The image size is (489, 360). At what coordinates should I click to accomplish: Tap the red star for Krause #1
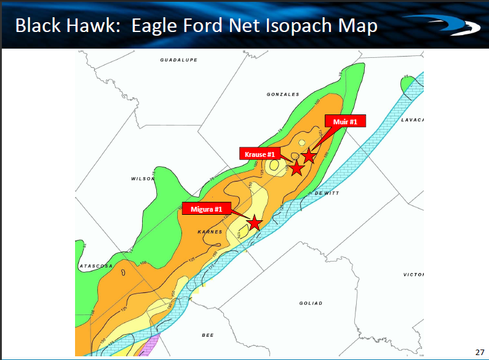296,167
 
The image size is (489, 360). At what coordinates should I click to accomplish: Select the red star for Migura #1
254,222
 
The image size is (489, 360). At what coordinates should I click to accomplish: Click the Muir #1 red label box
345,121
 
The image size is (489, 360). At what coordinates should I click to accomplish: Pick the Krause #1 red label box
260,154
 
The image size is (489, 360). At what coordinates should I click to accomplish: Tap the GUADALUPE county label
178,60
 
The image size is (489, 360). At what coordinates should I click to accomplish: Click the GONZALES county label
283,94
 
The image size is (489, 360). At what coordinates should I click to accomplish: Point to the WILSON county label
142,178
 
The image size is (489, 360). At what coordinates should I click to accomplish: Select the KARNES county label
210,232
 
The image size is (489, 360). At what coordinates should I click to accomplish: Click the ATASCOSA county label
96,266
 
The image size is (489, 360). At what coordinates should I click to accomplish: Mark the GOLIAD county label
311,303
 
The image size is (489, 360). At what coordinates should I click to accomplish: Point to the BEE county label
208,335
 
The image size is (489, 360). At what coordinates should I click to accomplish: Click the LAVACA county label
413,119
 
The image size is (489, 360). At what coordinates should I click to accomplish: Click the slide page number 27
480,352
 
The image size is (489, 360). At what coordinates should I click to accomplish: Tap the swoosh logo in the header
451,26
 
